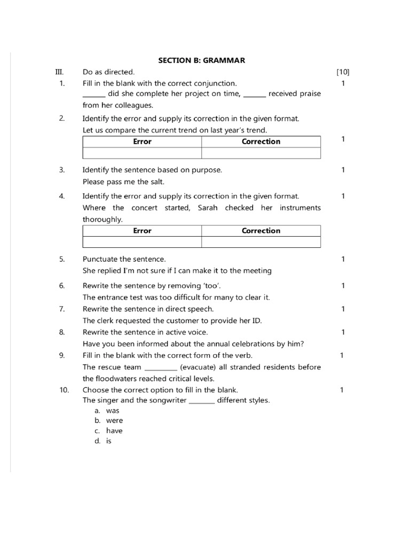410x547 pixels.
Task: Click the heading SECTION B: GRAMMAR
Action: pyautogui.click(x=201, y=60)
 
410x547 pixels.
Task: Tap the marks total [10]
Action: pyautogui.click(x=343, y=72)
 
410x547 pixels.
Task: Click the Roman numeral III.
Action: pyautogui.click(x=59, y=72)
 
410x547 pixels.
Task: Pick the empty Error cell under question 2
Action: pyautogui.click(x=142, y=153)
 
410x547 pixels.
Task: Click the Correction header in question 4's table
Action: pyautogui.click(x=261, y=231)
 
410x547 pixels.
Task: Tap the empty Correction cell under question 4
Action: pyautogui.click(x=261, y=243)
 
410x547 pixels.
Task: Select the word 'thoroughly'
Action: pyautogui.click(x=102, y=220)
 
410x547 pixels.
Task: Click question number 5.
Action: pyautogui.click(x=62, y=259)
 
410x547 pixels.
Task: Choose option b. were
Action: pyautogui.click(x=114, y=420)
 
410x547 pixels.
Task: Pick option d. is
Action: pyautogui.click(x=108, y=441)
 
